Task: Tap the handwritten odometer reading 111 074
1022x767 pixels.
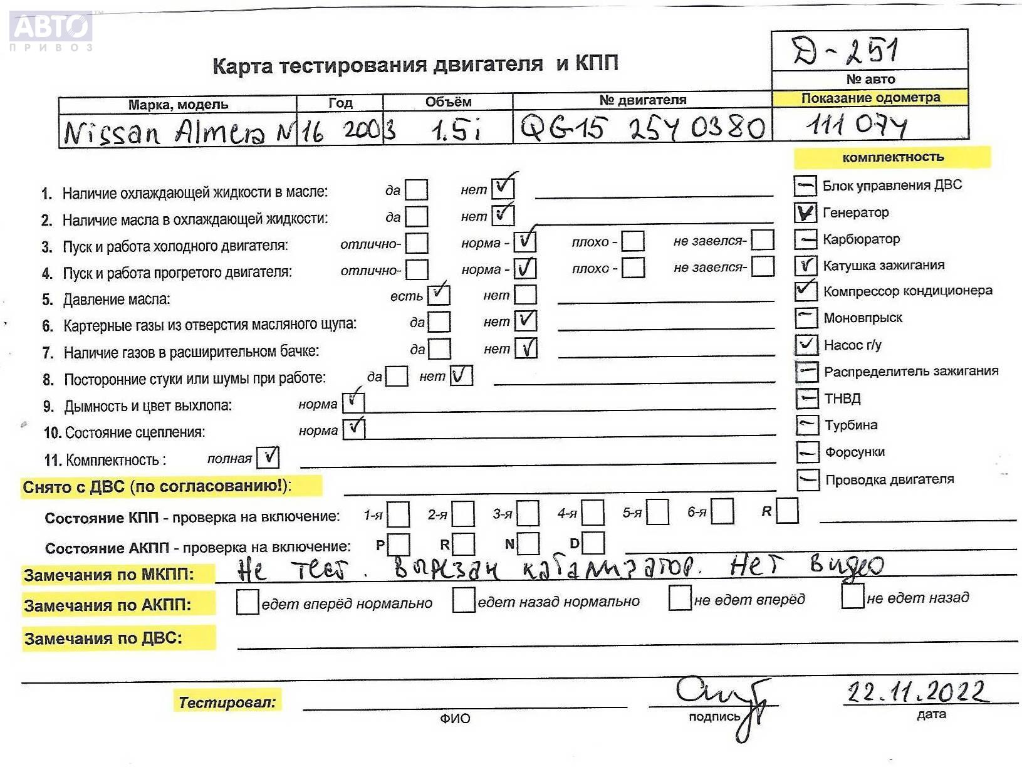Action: (x=856, y=126)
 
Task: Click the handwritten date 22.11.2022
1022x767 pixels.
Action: (x=918, y=692)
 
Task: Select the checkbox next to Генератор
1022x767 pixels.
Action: (x=805, y=213)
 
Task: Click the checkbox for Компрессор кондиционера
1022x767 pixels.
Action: (x=806, y=291)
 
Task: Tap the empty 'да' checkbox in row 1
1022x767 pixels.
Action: (x=416, y=190)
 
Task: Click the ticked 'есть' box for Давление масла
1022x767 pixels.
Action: (x=439, y=295)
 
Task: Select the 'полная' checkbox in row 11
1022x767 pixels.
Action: (x=268, y=457)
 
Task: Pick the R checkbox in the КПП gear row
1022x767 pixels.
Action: (x=787, y=511)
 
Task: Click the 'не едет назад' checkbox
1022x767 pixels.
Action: (x=853, y=596)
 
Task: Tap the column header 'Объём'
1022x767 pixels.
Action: (x=448, y=102)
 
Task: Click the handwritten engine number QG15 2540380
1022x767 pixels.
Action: (x=642, y=128)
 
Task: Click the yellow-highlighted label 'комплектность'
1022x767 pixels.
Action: (x=892, y=157)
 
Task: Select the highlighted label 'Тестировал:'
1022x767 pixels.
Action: (x=227, y=702)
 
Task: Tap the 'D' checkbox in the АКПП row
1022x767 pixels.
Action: (x=593, y=543)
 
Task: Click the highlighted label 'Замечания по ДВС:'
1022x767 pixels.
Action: (x=103, y=639)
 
